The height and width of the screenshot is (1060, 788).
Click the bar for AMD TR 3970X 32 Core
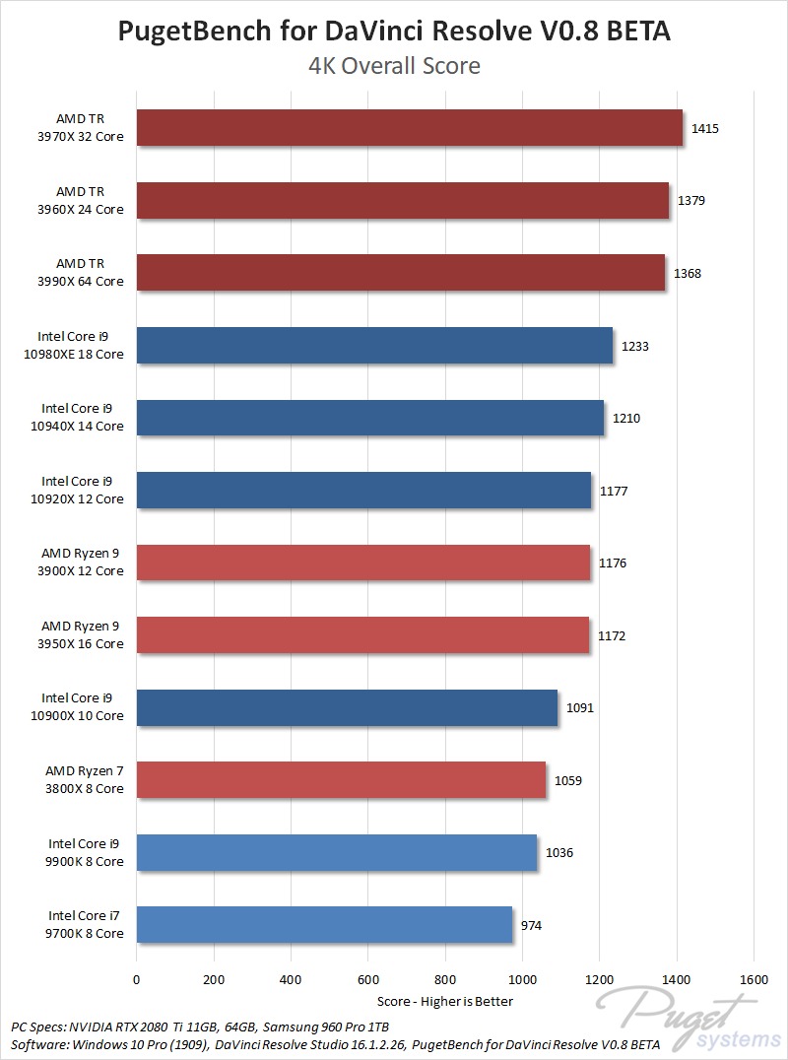click(409, 128)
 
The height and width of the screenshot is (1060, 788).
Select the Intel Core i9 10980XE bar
click(374, 346)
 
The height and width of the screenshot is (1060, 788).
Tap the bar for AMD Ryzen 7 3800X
click(341, 780)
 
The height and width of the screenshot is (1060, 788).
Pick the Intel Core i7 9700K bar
click(324, 925)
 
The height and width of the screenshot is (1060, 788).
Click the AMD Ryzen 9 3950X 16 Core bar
click(362, 635)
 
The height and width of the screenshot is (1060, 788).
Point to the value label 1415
click(705, 128)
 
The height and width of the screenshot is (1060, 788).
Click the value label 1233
click(635, 346)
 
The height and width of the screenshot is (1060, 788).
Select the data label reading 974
click(532, 925)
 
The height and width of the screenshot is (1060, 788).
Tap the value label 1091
click(580, 707)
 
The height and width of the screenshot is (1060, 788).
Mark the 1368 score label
click(688, 273)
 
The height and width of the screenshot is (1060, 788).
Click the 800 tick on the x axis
click(445, 979)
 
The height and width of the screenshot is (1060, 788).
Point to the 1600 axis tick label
click(754, 979)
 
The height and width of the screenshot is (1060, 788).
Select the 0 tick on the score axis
click(137, 979)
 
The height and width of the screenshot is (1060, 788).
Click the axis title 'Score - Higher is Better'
click(445, 1001)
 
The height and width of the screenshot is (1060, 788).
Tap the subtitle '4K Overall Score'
click(394, 66)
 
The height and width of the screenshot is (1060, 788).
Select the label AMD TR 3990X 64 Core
click(91, 273)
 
